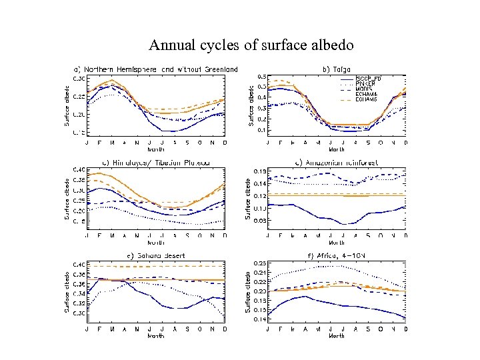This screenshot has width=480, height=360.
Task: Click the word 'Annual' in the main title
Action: click(x=169, y=45)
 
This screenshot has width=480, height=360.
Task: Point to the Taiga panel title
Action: click(x=335, y=68)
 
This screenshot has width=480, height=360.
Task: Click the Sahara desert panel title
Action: click(x=156, y=255)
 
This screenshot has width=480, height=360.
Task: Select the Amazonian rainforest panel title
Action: click(x=336, y=162)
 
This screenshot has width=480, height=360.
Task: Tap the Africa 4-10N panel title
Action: click(x=336, y=255)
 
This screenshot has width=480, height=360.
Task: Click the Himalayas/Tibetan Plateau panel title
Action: click(x=156, y=162)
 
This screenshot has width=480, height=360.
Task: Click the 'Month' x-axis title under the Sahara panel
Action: click(x=156, y=336)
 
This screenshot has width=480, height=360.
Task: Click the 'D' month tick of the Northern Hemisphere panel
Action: click(x=225, y=142)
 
